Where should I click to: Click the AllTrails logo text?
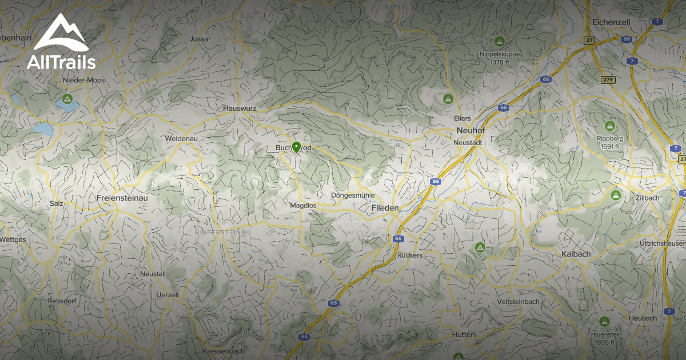(x=61, y=62)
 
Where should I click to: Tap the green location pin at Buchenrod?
(x=296, y=147)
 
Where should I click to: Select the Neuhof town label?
(x=471, y=130)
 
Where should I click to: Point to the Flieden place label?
(x=385, y=208)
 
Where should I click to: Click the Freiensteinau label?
(x=118, y=198)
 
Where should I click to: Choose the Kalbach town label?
(x=576, y=253)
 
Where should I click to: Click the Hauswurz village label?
(x=240, y=108)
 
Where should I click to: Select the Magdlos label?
(x=304, y=205)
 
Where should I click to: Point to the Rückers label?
(x=409, y=255)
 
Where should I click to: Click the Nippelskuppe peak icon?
(x=499, y=42)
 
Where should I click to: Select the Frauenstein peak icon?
(x=604, y=322)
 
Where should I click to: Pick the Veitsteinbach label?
(x=519, y=301)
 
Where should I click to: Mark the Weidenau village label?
(x=181, y=139)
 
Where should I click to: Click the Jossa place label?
(x=199, y=39)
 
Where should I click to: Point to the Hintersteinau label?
(x=222, y=233)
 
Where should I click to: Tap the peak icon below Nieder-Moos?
(x=67, y=99)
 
